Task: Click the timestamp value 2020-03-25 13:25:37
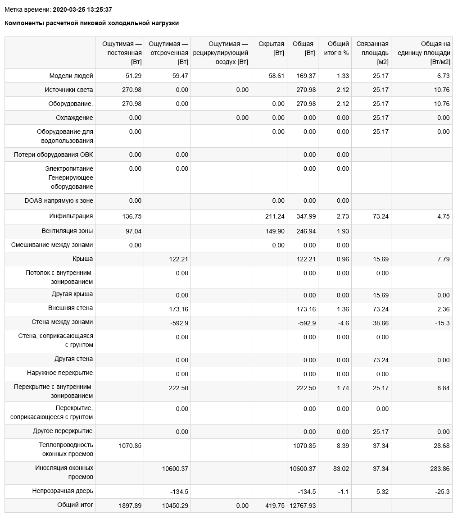click(x=82, y=9)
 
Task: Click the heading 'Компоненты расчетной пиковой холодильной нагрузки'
click(x=91, y=23)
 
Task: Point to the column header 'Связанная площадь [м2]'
click(x=372, y=53)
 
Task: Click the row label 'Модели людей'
click(x=71, y=76)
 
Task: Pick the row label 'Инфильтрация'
click(x=71, y=216)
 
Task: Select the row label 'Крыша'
click(x=83, y=259)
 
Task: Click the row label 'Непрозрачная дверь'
click(x=63, y=491)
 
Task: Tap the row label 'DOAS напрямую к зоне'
click(x=59, y=201)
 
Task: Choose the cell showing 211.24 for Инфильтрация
click(x=275, y=216)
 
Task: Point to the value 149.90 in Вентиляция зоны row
click(x=275, y=231)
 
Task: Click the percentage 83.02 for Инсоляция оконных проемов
click(x=340, y=469)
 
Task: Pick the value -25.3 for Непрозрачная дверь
click(x=441, y=492)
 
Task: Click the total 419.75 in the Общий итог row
click(x=275, y=506)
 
